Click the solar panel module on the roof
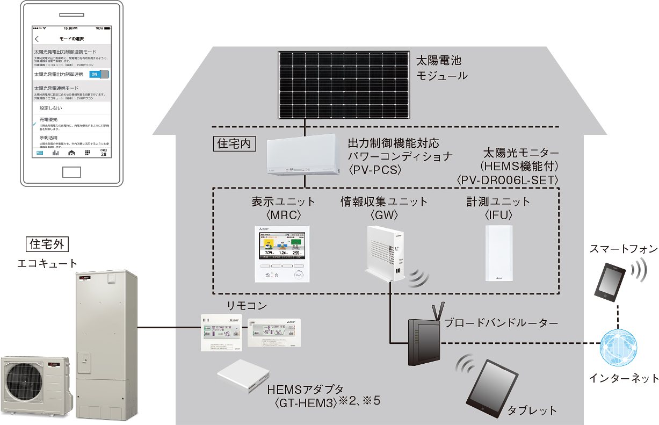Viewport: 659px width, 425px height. [345, 85]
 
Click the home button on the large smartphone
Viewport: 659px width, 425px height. [71, 172]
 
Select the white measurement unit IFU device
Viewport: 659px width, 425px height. [499, 253]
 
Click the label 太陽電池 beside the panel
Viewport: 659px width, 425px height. [439, 60]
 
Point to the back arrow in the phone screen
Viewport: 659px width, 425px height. [37, 39]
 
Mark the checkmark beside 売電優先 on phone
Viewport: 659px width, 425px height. [34, 124]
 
